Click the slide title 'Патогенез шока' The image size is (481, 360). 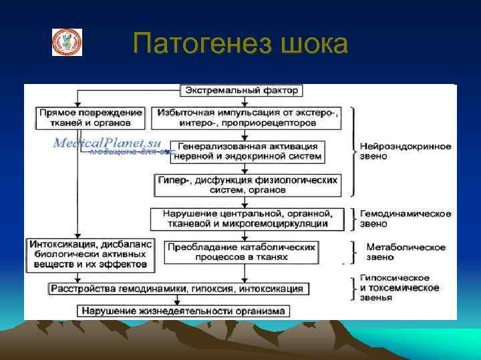coord(240,45)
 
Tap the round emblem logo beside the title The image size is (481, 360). coord(67,42)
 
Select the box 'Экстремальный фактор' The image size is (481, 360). coord(243,90)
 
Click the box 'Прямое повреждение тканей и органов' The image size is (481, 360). coord(90,118)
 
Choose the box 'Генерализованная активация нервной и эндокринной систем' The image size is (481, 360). coord(247,151)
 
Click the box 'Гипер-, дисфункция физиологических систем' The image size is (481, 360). coord(247,185)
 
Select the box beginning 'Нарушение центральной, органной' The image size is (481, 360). coord(247,218)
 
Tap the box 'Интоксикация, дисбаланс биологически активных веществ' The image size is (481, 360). coord(90,254)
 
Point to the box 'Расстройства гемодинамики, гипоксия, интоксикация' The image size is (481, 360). coord(178,289)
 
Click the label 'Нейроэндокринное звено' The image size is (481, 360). coord(405,151)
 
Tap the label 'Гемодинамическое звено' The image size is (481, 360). coord(405,219)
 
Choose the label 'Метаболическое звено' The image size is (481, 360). coord(405,252)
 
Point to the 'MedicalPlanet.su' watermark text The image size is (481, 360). coord(107,143)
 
